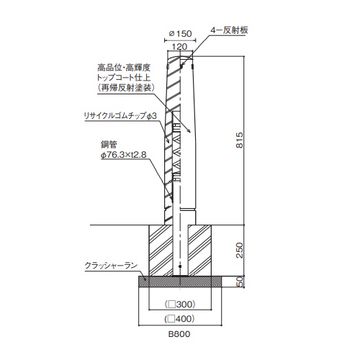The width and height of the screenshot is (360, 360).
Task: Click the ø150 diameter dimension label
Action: [x=180, y=34]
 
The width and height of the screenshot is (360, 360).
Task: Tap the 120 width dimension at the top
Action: [x=179, y=46]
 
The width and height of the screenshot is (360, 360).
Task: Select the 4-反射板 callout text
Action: [x=229, y=30]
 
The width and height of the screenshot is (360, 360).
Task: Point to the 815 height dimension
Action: [x=239, y=140]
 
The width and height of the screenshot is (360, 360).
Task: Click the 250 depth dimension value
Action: [x=239, y=251]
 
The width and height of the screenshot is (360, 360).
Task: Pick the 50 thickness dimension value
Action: [x=240, y=282]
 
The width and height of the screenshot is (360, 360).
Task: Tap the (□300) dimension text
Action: [x=180, y=305]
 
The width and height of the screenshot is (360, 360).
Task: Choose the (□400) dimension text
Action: [x=179, y=319]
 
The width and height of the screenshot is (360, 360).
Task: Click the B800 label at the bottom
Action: [x=179, y=334]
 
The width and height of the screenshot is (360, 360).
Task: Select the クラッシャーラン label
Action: [x=111, y=266]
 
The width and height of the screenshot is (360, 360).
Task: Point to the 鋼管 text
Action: [x=109, y=145]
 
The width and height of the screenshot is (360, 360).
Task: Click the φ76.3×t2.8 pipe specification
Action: [x=124, y=155]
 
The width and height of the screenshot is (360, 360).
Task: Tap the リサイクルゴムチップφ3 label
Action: [x=120, y=116]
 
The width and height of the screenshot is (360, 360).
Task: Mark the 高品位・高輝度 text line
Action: [x=124, y=68]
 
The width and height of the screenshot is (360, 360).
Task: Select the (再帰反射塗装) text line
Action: [x=125, y=88]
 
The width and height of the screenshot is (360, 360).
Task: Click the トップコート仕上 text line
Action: [x=124, y=78]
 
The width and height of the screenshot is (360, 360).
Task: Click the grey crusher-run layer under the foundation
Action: [x=180, y=282]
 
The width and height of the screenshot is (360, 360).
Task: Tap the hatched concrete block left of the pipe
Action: [x=161, y=251]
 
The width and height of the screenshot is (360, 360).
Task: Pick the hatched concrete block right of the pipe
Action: [x=199, y=251]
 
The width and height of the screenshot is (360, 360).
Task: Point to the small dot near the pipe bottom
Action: [x=180, y=266]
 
